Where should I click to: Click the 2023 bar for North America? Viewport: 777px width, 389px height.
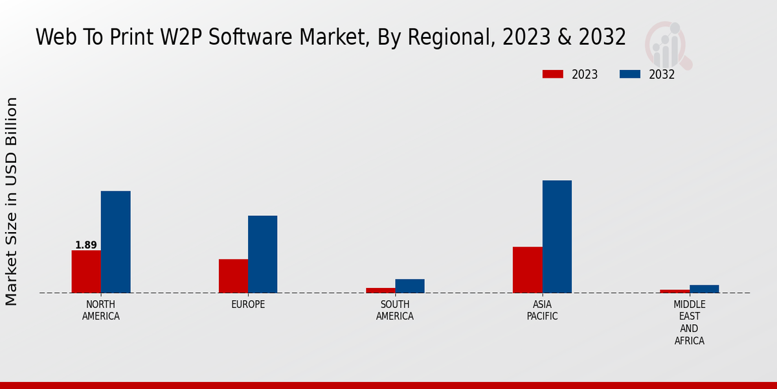(x=86, y=272)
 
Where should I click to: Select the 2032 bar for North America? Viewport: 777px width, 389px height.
(x=115, y=242)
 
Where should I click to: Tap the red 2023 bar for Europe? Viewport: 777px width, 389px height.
(x=233, y=276)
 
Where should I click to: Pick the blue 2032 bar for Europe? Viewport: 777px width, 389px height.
(x=262, y=254)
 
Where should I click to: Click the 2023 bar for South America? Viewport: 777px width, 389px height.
(x=380, y=290)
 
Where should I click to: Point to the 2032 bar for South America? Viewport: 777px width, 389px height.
(x=410, y=286)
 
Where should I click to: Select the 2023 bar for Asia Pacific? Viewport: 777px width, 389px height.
(x=527, y=270)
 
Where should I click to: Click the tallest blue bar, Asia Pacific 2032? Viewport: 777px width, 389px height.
(x=557, y=237)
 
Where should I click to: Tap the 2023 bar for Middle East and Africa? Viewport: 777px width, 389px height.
(x=675, y=291)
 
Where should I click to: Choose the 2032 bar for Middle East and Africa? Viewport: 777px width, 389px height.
(x=704, y=289)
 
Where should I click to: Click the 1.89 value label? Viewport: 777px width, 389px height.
(x=86, y=245)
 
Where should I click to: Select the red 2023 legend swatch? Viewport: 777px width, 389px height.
(x=552, y=74)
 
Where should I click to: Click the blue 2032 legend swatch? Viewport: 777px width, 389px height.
(x=630, y=74)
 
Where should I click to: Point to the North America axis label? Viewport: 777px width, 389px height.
(x=101, y=311)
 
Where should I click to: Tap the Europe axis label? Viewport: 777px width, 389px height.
(x=248, y=305)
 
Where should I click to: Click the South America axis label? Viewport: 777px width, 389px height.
(x=395, y=311)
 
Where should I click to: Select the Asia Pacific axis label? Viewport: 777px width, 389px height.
(x=542, y=311)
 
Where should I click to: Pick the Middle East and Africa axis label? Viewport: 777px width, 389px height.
(x=690, y=322)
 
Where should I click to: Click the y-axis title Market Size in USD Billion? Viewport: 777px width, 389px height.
(x=12, y=201)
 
